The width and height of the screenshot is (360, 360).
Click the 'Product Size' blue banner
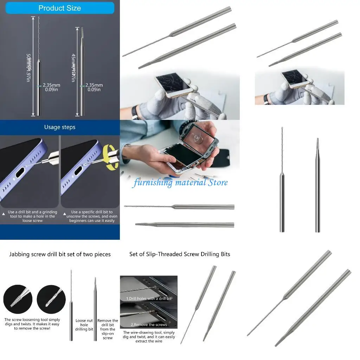click(x=59, y=8)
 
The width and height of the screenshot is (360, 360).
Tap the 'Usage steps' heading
click(x=59, y=127)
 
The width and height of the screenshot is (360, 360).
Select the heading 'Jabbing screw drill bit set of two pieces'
click(x=60, y=254)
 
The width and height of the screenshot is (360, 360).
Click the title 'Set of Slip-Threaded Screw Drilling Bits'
click(x=180, y=254)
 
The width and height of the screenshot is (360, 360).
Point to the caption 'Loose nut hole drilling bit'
click(x=84, y=325)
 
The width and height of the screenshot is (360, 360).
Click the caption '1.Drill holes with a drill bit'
click(x=149, y=298)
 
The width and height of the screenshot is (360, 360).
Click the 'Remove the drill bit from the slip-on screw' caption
click(x=108, y=329)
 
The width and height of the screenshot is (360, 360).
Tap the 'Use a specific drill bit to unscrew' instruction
click(x=92, y=216)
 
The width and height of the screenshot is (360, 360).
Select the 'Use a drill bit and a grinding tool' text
click(x=32, y=216)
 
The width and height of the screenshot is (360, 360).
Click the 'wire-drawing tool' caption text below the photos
click(x=149, y=337)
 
